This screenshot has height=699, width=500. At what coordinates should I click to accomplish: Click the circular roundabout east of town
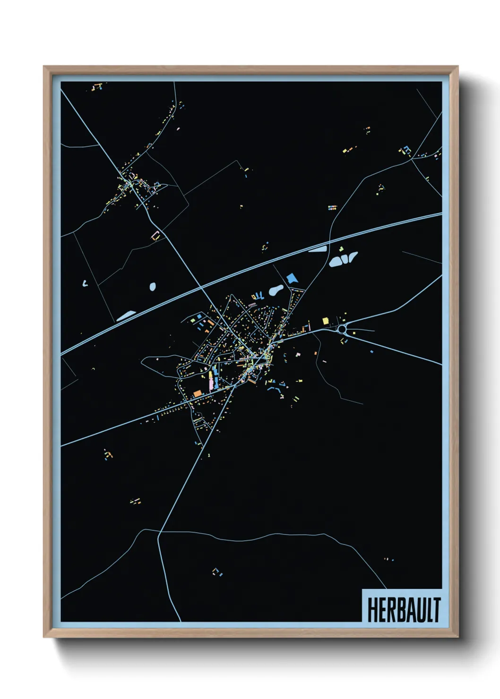click(x=342, y=328)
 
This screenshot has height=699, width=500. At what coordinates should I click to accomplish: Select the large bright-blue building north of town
click(x=292, y=278)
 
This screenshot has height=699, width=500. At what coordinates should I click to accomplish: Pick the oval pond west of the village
click(x=153, y=286)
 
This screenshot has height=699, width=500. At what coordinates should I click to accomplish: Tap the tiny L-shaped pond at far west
click(x=85, y=283)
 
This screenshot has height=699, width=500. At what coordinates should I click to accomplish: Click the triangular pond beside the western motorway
click(x=126, y=315)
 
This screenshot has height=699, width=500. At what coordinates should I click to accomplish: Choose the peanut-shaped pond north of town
click(x=276, y=290)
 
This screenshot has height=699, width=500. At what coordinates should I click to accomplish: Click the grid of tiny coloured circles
click(x=332, y=207)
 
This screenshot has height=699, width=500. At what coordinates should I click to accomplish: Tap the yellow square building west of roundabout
click(x=325, y=321)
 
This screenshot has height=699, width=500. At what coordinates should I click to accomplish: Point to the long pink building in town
click(x=211, y=380)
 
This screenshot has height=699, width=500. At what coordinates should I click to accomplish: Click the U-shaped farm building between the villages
click(x=155, y=235)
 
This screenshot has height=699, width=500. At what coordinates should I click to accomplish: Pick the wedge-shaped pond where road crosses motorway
click(x=318, y=249)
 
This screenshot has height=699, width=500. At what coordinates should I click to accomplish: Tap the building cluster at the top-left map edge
click(x=97, y=87)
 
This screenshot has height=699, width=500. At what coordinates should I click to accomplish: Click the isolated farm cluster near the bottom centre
click(x=217, y=572)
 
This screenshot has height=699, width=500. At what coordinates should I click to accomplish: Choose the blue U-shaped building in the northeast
click(x=405, y=150)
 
